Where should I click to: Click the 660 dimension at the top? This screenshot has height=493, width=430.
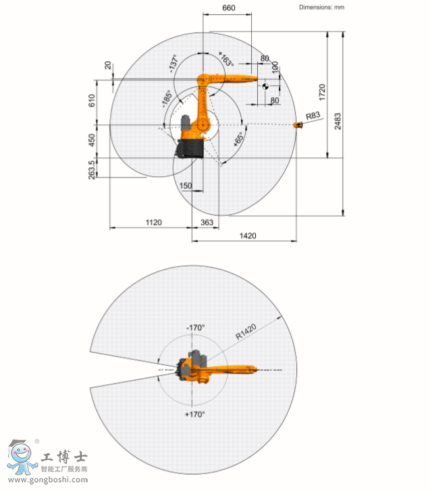coord(229,7)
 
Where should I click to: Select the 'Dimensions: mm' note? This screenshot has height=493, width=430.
coord(321,7)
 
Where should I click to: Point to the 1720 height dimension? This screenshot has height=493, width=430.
coord(322,92)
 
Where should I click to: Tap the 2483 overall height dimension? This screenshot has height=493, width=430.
coord(338,121)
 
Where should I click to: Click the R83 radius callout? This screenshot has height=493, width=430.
coord(313,115)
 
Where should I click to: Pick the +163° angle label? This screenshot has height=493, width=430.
coord(226,59)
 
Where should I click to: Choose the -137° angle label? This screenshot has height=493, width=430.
coord(173,63)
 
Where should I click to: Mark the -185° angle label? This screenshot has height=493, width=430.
coord(167,99)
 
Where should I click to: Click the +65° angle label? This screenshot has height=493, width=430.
coord(238,139)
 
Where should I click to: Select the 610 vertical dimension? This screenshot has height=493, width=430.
coord(92,101)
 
